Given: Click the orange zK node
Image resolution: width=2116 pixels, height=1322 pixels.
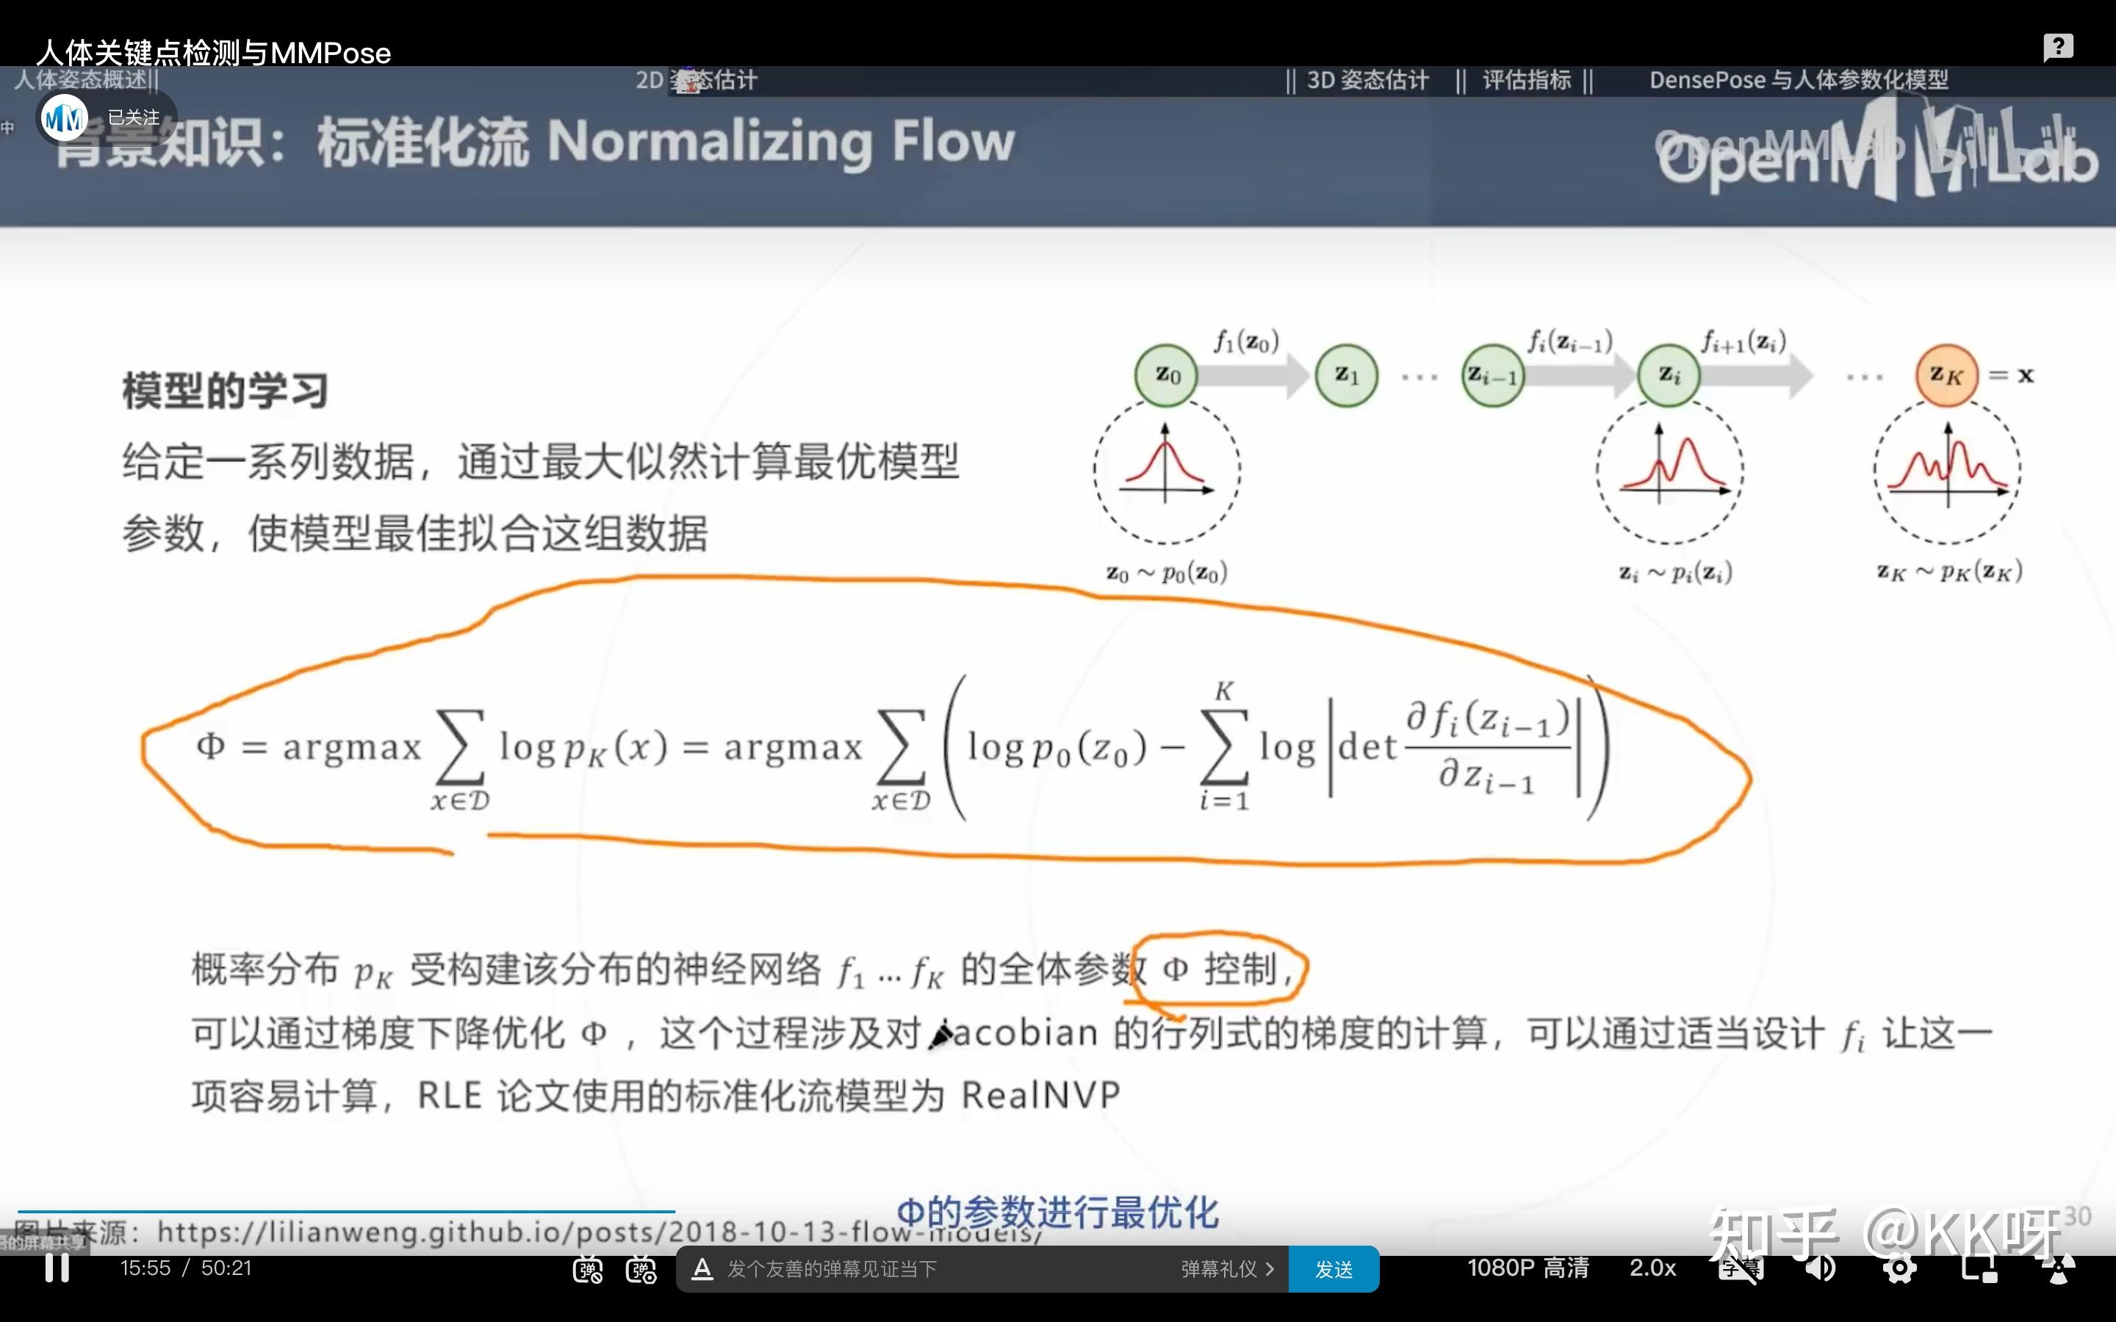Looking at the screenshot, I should tap(1946, 376).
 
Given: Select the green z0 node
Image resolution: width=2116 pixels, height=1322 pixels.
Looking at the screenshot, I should tap(1165, 376).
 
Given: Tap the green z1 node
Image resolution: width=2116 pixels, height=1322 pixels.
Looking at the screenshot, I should tap(1347, 376).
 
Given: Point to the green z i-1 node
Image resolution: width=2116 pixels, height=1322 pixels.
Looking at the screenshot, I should tap(1492, 376).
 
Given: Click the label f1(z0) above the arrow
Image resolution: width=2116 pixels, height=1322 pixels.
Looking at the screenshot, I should tap(1246, 341).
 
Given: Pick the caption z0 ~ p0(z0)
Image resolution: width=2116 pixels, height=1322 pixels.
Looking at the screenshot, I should tap(1167, 574).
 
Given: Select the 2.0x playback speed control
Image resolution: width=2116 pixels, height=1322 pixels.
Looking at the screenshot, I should tap(1652, 1268).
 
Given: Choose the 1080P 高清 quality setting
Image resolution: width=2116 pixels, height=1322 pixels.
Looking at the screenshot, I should tap(1527, 1268).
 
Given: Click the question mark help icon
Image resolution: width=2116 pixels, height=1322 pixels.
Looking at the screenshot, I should tap(2057, 46).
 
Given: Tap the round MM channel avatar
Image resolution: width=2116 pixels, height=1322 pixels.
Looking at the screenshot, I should tap(65, 118).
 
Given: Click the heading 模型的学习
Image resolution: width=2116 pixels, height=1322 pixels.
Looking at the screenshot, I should tap(225, 391).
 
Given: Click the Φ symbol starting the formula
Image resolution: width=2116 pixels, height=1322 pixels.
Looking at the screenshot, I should tap(211, 745).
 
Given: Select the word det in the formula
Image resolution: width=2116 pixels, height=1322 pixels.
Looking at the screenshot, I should tap(1367, 748).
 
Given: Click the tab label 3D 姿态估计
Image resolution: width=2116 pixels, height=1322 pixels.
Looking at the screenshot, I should tap(1367, 81).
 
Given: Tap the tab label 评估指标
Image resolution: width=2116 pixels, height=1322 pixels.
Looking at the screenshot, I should tap(1527, 81).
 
